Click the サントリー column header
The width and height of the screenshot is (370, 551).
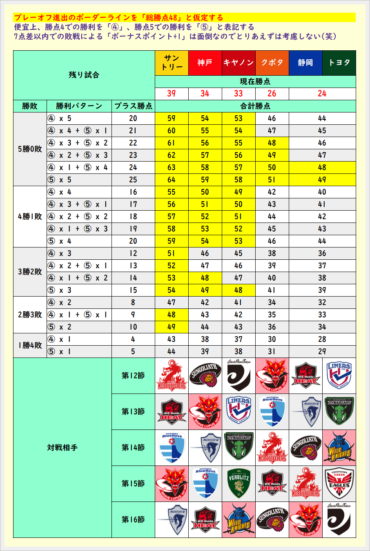point(172,63)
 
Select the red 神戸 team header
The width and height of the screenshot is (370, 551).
point(205,63)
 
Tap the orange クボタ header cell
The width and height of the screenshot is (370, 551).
point(272,63)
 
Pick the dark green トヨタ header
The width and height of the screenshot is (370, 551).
point(339,63)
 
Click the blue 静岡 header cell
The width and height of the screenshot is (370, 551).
point(305,63)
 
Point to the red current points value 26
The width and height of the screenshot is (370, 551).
point(272,94)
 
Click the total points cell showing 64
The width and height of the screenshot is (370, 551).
point(172,180)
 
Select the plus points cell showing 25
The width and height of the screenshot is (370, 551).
point(133,180)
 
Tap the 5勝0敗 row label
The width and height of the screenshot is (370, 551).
point(30,149)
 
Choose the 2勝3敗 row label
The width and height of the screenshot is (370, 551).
point(30,315)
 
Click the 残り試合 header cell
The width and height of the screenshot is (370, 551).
point(84,75)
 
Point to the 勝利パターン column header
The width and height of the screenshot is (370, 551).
point(79,106)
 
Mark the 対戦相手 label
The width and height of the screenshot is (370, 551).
point(62,448)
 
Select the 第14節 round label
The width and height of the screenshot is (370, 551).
point(133,448)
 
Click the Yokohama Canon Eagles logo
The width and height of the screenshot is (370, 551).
point(339,484)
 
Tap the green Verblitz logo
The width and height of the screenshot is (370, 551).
point(238,484)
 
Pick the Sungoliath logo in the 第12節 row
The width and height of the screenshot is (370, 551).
point(205,376)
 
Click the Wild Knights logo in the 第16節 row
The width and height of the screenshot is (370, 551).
point(238,520)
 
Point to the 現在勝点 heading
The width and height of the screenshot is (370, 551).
point(255,81)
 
